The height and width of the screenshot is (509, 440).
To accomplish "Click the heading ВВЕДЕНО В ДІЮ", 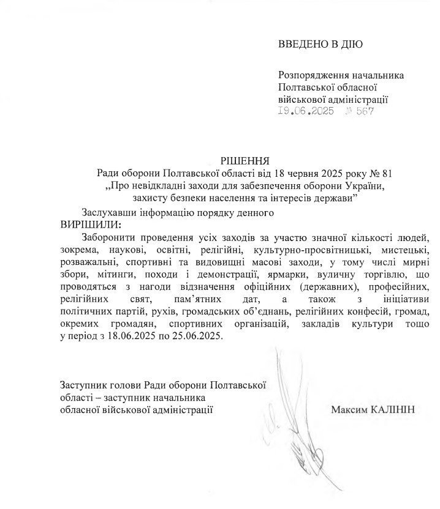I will (321, 43).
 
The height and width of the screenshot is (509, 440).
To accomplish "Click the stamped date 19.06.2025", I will (305, 111).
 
